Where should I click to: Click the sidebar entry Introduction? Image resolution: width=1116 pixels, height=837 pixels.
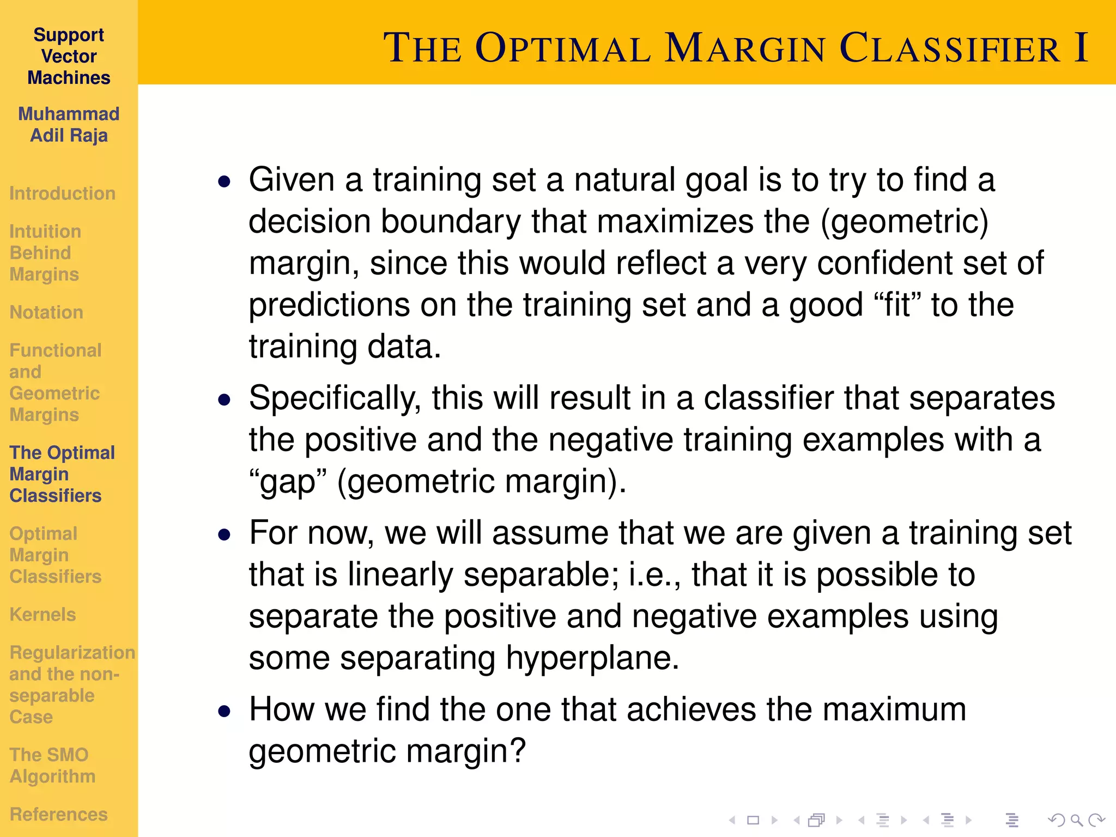(62, 193)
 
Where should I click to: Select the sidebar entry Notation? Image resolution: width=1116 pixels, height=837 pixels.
(46, 312)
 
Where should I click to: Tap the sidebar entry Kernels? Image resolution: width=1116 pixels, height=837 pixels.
(43, 615)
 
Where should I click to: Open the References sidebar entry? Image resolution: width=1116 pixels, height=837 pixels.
(58, 814)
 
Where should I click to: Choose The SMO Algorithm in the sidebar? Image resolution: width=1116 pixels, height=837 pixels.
(52, 765)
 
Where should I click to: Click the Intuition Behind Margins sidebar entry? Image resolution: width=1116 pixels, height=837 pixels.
(45, 253)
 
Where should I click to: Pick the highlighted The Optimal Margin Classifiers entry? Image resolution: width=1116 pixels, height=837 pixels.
(62, 474)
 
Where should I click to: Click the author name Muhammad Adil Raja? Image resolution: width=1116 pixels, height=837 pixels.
(69, 125)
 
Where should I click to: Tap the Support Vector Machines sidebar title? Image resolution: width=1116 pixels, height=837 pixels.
(69, 56)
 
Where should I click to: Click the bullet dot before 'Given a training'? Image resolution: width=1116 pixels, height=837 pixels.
(224, 181)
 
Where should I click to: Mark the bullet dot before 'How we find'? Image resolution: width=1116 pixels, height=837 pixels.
(224, 711)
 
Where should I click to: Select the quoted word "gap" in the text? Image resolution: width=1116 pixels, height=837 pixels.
(288, 482)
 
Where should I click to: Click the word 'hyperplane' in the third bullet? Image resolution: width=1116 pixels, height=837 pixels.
(586, 658)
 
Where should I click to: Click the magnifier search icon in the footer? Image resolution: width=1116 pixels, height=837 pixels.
(1076, 820)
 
